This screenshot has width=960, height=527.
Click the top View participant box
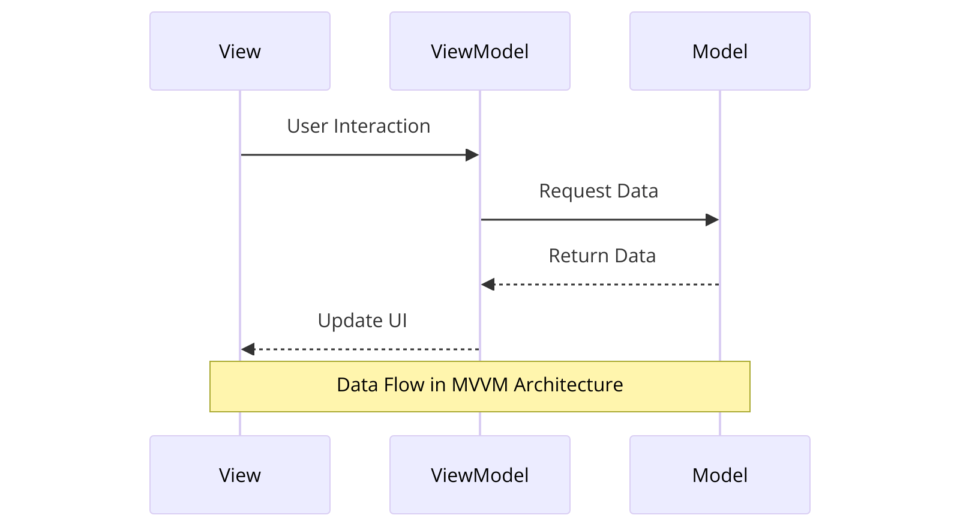point(240,51)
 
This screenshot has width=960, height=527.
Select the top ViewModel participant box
point(480,51)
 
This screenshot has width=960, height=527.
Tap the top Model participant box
point(720,51)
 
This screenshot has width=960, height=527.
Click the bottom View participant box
point(240,475)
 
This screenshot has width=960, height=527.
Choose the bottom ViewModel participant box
point(480,475)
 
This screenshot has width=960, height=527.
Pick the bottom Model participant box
point(720,475)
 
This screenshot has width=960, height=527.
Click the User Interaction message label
point(358,126)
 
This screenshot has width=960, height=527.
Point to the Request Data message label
point(598,191)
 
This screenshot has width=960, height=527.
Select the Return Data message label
point(602,256)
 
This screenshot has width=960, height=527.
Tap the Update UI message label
point(362,321)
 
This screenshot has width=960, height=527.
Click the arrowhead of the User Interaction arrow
point(472,155)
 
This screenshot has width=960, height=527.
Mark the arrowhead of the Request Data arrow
point(712,220)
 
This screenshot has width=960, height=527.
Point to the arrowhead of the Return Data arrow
point(488,285)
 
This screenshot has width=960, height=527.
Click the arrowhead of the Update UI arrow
point(248,349)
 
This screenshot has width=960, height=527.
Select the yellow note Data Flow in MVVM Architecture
point(480,387)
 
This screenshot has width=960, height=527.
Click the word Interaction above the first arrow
point(382,126)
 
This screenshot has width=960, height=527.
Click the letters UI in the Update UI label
point(398,321)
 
